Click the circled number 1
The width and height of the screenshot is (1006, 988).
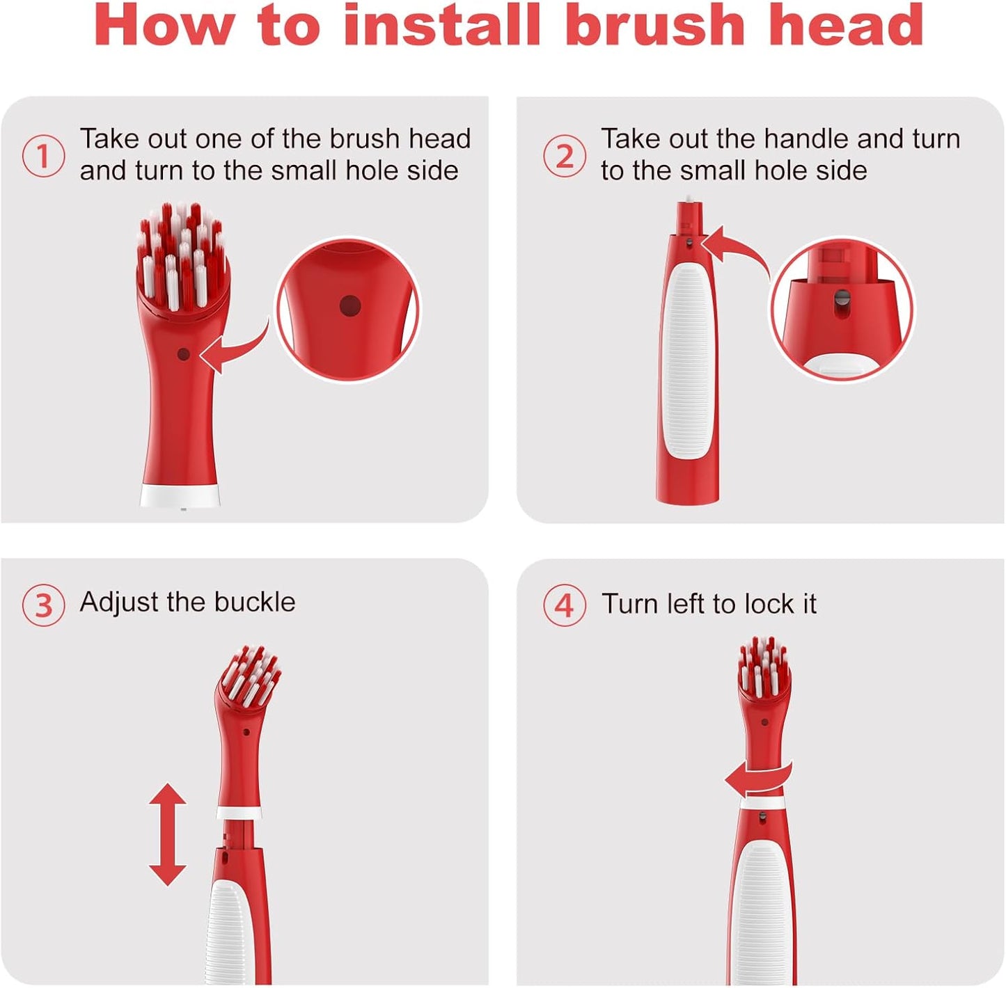tap(43, 156)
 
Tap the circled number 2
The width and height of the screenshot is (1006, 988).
tap(564, 156)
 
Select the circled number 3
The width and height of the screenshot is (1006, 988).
tap(43, 605)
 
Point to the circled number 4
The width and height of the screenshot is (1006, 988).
tap(564, 605)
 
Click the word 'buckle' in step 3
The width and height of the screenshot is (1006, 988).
tap(255, 602)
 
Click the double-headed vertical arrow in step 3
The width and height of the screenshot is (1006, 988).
tap(168, 834)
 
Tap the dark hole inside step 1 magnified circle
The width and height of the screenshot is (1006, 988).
tap(349, 305)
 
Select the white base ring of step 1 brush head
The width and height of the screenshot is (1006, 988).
tap(180, 495)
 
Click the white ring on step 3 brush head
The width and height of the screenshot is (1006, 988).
tap(239, 813)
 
